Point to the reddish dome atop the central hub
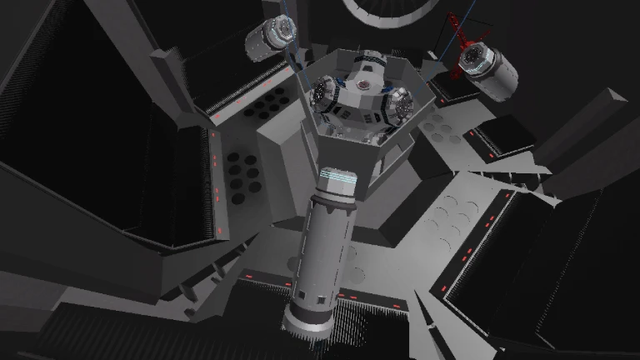point(363,85)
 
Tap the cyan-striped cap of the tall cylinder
point(337,180)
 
